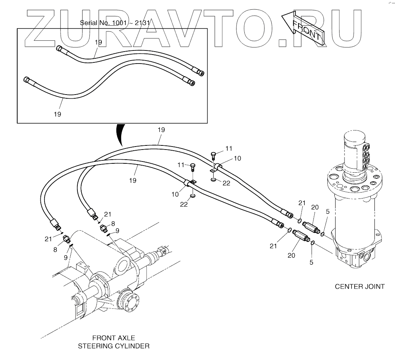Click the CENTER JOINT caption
[359, 287]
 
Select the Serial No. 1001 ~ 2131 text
[115, 23]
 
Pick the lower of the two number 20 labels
[291, 255]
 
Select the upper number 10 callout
[238, 158]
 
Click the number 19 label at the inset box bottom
[57, 114]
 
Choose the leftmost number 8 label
[55, 249]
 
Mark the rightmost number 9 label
[117, 231]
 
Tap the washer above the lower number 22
[193, 195]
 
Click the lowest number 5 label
[311, 262]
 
